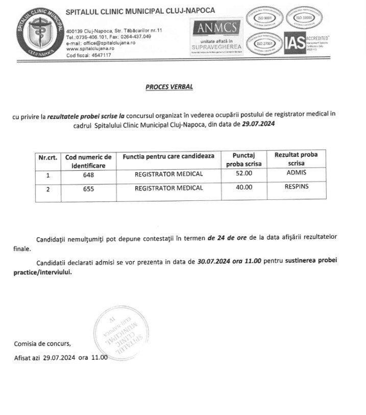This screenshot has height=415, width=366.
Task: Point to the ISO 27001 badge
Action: pos(264,44)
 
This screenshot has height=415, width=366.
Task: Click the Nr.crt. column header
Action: pos(48,157)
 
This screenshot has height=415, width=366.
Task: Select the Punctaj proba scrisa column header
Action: pos(243,159)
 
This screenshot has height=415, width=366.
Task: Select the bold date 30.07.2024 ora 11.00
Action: pos(229,261)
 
